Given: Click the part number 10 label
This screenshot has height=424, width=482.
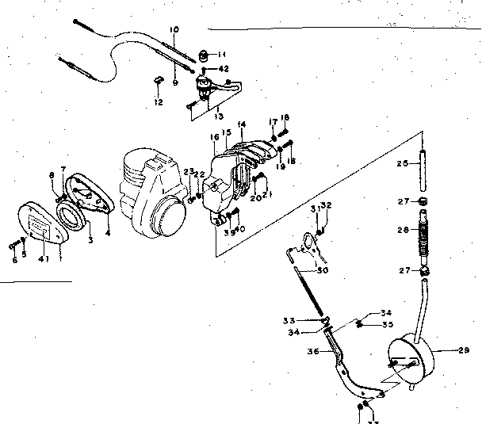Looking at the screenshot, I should click(174, 29).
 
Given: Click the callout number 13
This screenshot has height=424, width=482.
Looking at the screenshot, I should click(208, 114).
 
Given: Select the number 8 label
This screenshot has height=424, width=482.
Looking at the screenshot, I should click(52, 174).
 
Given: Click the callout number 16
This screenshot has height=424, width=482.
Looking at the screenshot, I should click(214, 136).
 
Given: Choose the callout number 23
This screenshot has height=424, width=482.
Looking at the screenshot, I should click(187, 172).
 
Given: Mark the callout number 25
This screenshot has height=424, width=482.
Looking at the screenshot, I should click(402, 162).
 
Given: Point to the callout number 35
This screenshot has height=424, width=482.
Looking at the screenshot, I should click(387, 324).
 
